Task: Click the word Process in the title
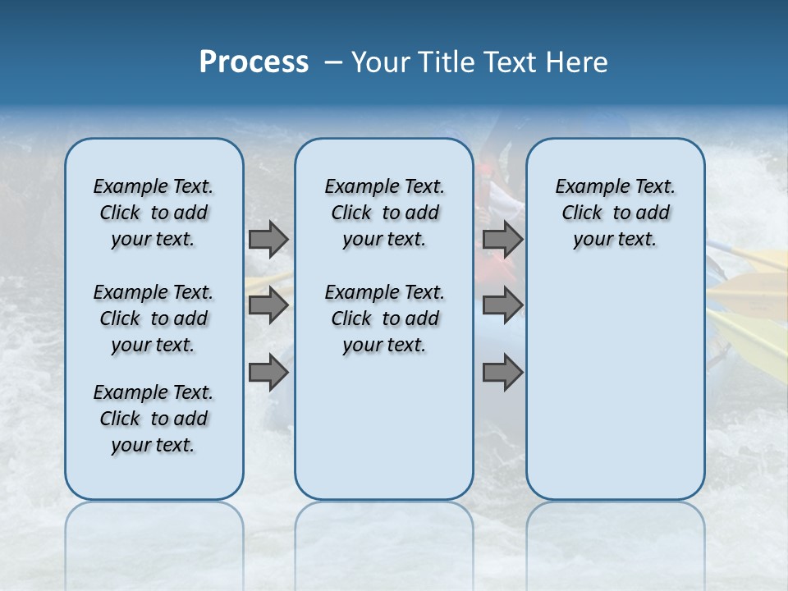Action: (x=254, y=62)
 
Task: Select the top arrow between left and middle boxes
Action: (x=268, y=239)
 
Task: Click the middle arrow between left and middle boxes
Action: (x=268, y=305)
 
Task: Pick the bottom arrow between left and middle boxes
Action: (x=268, y=373)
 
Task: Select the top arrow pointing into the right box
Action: (x=502, y=239)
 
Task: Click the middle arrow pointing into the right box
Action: (x=502, y=305)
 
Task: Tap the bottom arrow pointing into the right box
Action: (x=502, y=373)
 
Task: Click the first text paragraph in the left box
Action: (x=153, y=213)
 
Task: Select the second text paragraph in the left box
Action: (x=153, y=318)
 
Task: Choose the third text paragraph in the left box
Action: (x=153, y=419)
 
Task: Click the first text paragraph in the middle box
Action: (x=384, y=213)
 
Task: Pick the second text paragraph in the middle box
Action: (x=384, y=318)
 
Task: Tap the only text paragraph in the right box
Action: (x=615, y=213)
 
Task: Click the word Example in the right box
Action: (x=587, y=187)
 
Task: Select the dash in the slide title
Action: (x=333, y=62)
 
